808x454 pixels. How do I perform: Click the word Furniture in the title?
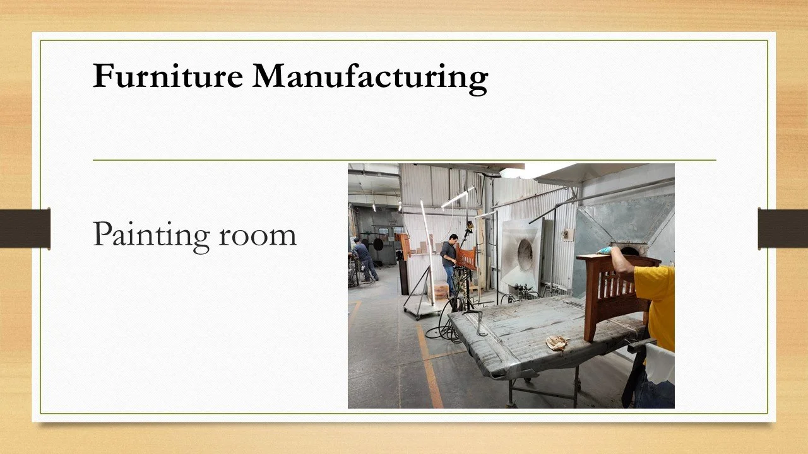pyautogui.click(x=167, y=76)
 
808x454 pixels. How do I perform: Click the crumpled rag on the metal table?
pyautogui.click(x=557, y=342)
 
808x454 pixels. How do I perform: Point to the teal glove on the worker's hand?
pyautogui.click(x=605, y=250)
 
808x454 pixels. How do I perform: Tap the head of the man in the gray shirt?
pyautogui.click(x=453, y=239)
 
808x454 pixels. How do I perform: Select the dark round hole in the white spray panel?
pyautogui.click(x=525, y=255)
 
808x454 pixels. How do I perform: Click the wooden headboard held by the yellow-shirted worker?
pyautogui.click(x=615, y=296)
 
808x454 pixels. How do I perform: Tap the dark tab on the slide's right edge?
pyautogui.click(x=783, y=228)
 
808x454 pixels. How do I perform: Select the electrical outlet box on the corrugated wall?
pyautogui.click(x=567, y=235)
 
